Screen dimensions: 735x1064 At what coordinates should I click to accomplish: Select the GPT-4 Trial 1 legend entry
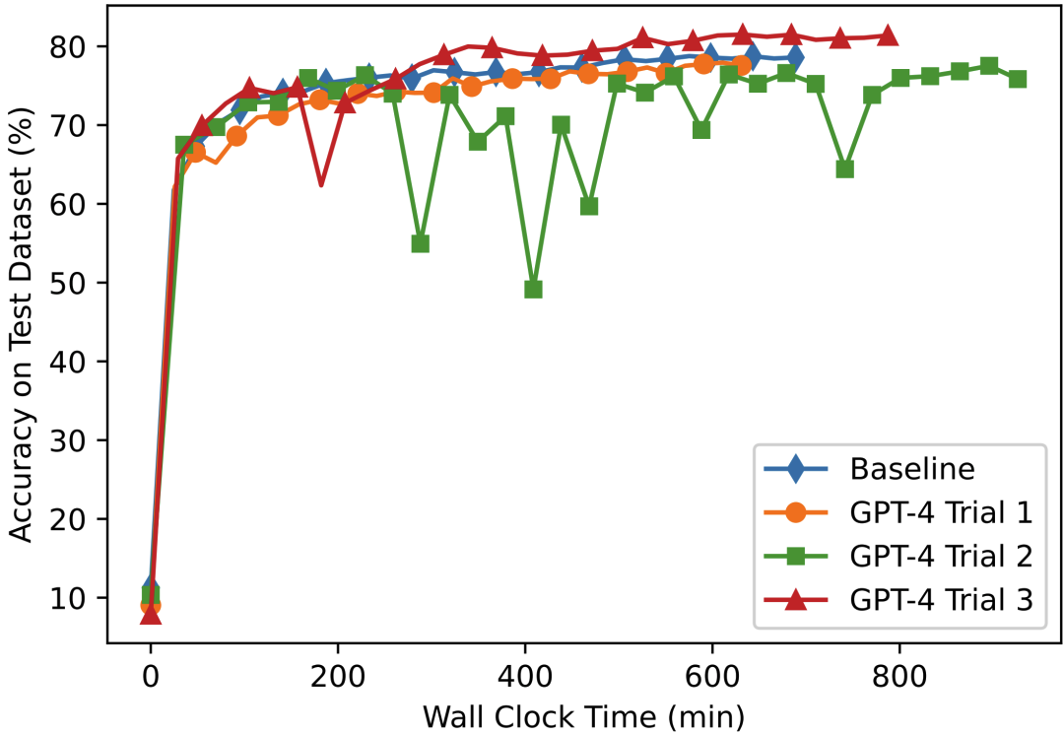(938, 512)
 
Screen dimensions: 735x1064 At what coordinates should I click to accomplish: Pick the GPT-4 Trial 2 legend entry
(938, 557)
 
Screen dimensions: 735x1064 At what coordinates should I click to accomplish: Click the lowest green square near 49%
(533, 289)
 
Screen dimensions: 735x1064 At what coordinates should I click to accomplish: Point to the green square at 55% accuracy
(421, 243)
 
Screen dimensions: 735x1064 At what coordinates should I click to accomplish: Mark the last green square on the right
(1018, 79)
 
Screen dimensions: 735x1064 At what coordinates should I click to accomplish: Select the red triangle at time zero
(151, 614)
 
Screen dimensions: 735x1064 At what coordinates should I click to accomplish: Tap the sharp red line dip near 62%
(321, 184)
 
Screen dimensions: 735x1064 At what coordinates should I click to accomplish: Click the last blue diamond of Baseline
(794, 58)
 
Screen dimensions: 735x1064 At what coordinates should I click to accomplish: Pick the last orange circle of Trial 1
(741, 66)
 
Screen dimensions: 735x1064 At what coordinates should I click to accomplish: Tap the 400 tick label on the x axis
(525, 678)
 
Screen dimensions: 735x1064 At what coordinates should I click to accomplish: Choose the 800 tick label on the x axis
(899, 678)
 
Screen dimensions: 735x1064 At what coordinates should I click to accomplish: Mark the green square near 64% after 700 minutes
(844, 168)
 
